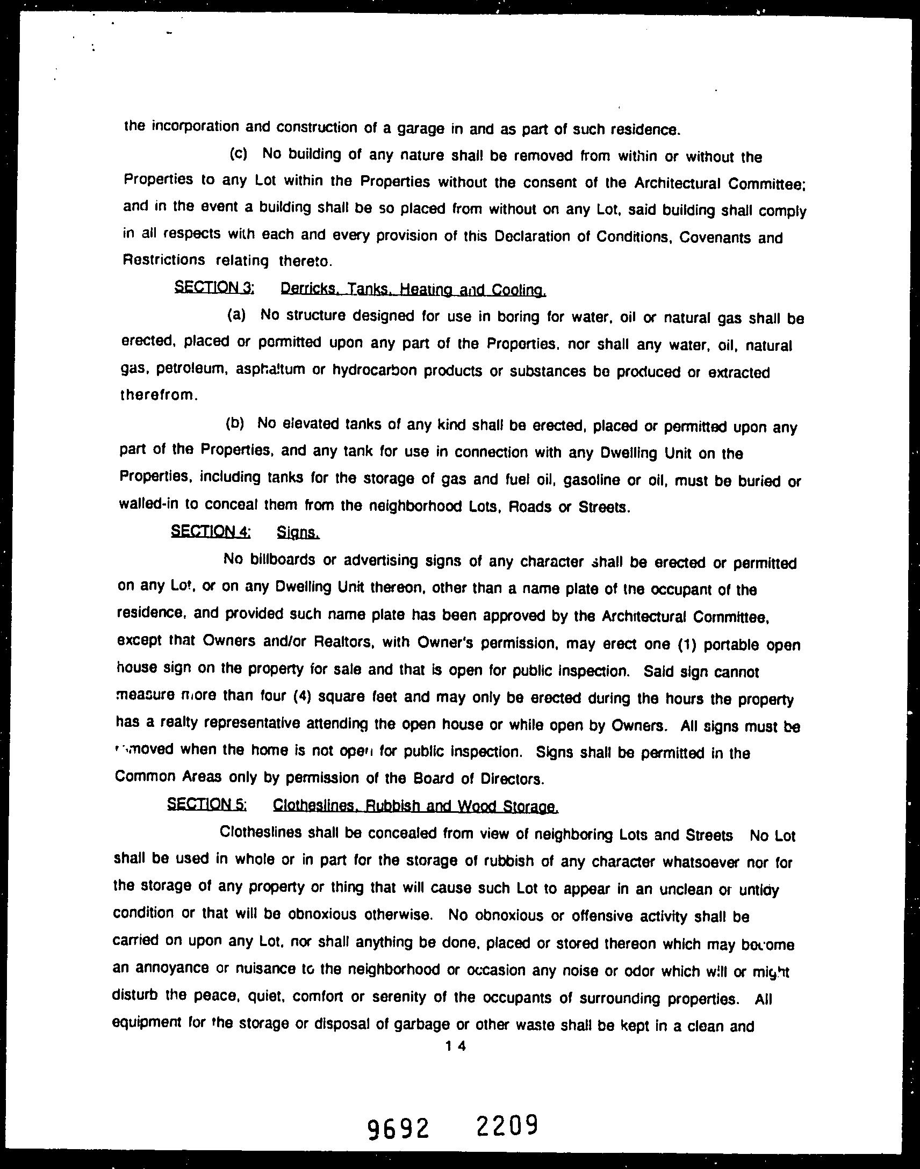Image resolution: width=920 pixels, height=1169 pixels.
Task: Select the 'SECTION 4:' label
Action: pos(211,531)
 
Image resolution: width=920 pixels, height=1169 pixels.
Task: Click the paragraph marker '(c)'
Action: pos(239,154)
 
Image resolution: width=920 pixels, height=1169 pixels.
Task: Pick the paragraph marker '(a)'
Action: pos(236,315)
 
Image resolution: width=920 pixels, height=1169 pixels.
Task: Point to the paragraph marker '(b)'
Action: pos(234,423)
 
